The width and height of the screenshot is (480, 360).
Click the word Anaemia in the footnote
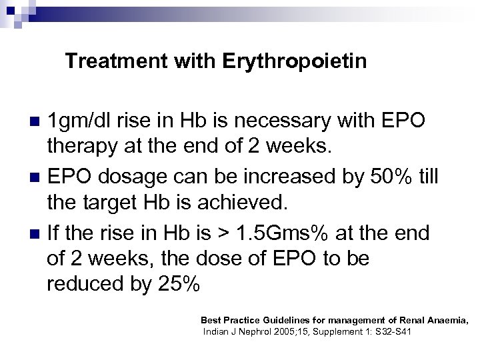[x=444, y=320]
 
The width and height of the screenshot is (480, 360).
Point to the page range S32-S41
[x=391, y=331]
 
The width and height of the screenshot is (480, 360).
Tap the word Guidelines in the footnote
[x=283, y=320]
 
